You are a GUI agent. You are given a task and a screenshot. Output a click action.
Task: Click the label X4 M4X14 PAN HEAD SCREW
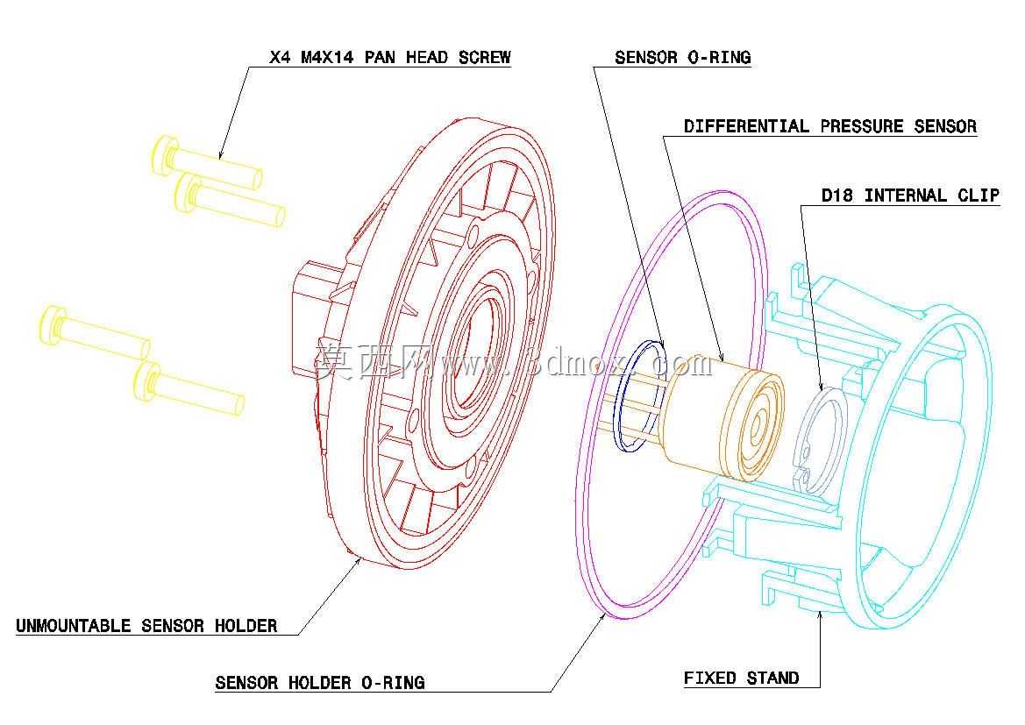(389, 58)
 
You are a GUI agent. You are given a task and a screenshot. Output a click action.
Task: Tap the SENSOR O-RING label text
(682, 58)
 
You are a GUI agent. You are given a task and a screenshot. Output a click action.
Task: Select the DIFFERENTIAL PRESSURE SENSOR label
(830, 126)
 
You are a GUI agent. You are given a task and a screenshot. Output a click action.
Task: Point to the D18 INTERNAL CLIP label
(910, 195)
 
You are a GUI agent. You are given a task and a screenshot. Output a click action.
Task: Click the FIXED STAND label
(741, 678)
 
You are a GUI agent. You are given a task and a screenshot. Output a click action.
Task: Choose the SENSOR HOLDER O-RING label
(320, 683)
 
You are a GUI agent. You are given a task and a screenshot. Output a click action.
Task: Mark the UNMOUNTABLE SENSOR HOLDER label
(146, 626)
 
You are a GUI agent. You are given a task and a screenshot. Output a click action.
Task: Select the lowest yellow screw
(189, 388)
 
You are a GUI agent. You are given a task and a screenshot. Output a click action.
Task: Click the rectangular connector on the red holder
(311, 319)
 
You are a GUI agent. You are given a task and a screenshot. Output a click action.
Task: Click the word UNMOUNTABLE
(74, 626)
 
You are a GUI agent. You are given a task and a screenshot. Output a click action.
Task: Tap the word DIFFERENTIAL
(746, 126)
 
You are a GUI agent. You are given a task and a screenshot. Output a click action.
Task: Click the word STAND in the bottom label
(772, 678)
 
